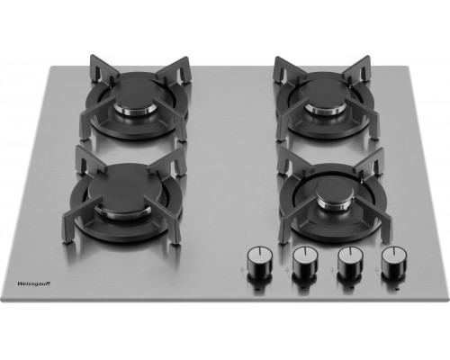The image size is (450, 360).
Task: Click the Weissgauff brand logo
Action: tap(34, 283)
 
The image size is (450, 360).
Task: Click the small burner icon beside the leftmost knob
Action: tap(242, 269)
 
